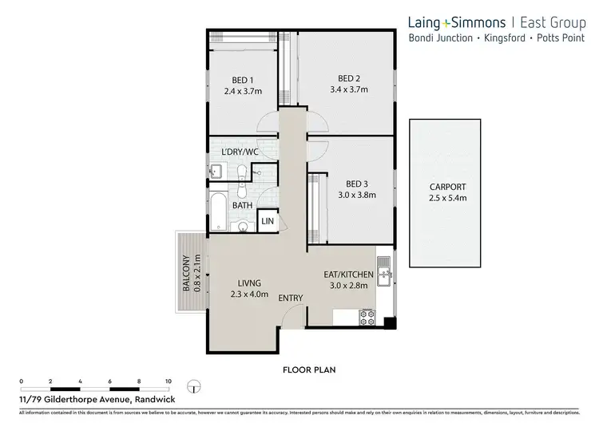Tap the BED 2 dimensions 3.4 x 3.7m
[x=348, y=89]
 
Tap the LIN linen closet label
[x=267, y=221]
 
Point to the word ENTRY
[x=290, y=298]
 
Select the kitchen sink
[x=383, y=276]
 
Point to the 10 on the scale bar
[x=168, y=382]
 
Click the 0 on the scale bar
[x=21, y=382]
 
